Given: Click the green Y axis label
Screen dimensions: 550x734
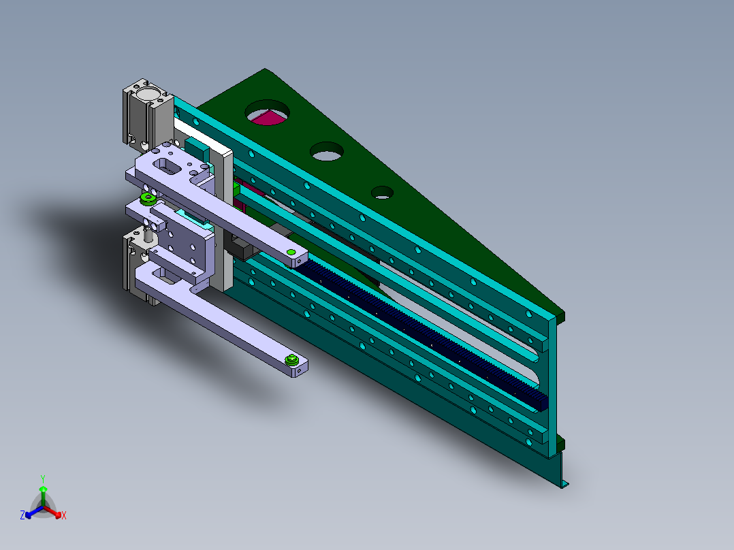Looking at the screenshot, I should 42,478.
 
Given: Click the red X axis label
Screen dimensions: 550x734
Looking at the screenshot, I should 64,516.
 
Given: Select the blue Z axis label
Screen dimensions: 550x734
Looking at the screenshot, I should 22,516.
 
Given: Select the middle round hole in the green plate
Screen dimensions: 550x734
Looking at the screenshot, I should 328,151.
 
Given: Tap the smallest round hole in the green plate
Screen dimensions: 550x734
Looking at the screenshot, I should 382,192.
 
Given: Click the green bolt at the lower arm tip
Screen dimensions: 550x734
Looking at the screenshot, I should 293,361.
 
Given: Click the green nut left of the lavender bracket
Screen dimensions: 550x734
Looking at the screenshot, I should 146,199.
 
